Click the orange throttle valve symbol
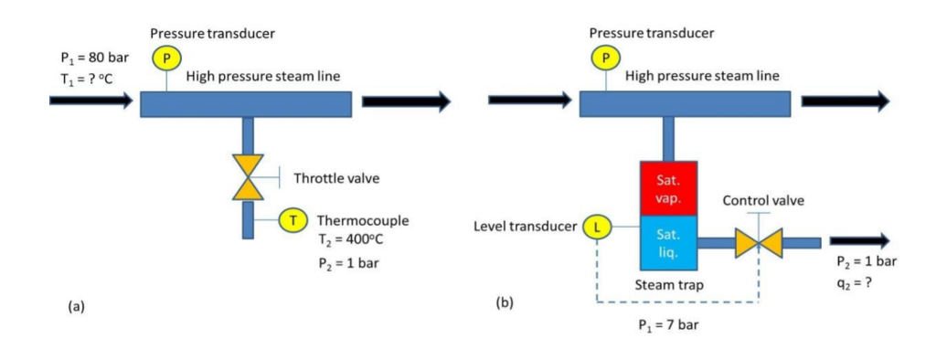click(x=247, y=177)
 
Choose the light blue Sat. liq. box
click(x=667, y=244)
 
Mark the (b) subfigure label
click(x=505, y=302)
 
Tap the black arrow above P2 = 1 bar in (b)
click(x=859, y=241)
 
